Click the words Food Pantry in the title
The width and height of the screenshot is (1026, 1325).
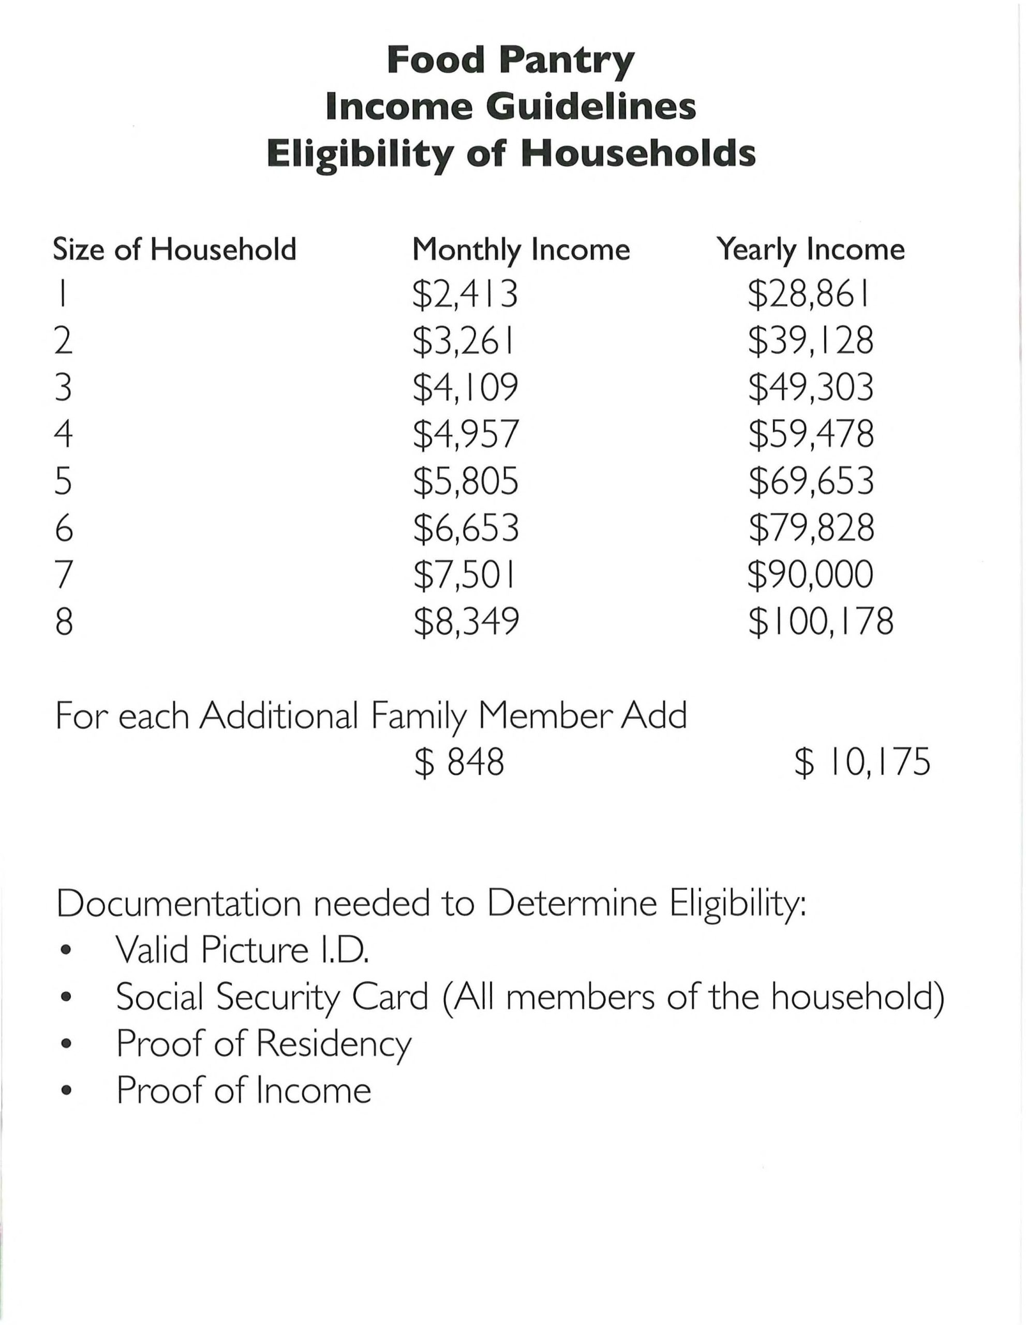click(511, 61)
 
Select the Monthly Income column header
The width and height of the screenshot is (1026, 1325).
click(521, 250)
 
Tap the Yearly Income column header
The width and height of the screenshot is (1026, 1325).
click(811, 250)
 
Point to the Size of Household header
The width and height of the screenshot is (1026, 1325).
click(175, 249)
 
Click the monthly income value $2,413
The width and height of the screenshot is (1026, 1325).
click(465, 294)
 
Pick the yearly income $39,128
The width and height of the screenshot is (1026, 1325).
click(811, 341)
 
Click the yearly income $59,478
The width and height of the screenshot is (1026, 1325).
click(811, 434)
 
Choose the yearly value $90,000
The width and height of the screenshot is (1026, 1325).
click(811, 575)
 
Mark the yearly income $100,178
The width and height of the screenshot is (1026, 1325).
click(821, 621)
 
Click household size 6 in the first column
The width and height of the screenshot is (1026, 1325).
click(64, 528)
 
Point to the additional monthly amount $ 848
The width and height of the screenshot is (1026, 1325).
click(459, 762)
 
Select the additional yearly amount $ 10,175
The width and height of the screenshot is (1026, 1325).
click(861, 762)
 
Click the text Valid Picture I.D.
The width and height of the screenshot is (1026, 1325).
click(243, 950)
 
